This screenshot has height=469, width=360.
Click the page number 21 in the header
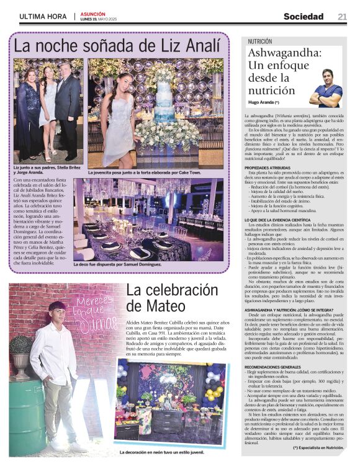coord(342,16)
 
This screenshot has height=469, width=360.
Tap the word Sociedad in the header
coord(304,16)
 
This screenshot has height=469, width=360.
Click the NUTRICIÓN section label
coord(260,42)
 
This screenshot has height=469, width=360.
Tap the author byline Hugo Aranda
coord(263,101)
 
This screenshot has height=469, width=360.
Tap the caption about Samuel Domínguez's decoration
coord(121,264)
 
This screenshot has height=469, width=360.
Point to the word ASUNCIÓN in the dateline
coord(93,14)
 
